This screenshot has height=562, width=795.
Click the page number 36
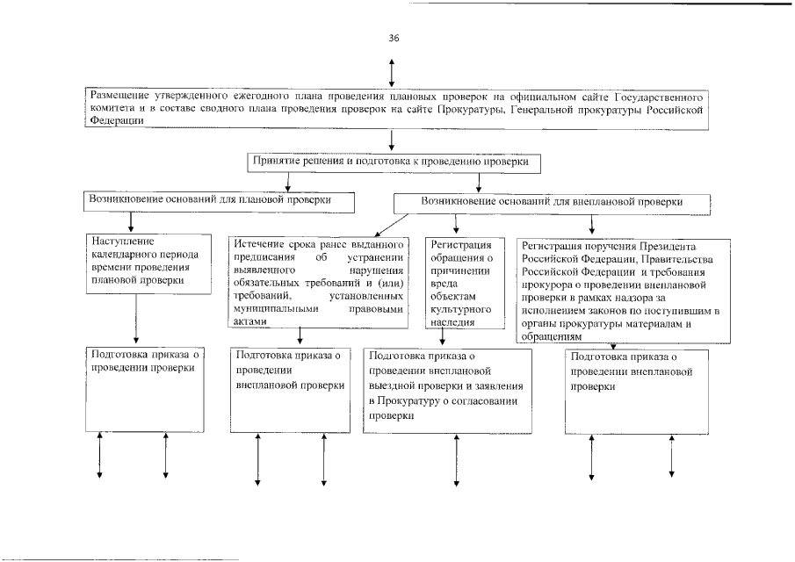click(x=394, y=38)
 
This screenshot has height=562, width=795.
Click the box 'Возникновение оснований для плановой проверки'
click(x=220, y=201)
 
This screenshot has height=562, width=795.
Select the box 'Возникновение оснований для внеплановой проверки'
click(x=552, y=202)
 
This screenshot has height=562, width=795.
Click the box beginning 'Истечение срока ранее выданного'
click(x=318, y=281)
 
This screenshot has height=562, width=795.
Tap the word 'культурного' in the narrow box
click(x=461, y=310)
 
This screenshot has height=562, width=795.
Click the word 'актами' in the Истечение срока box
click(x=246, y=321)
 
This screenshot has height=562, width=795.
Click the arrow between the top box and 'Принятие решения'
click(x=391, y=141)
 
